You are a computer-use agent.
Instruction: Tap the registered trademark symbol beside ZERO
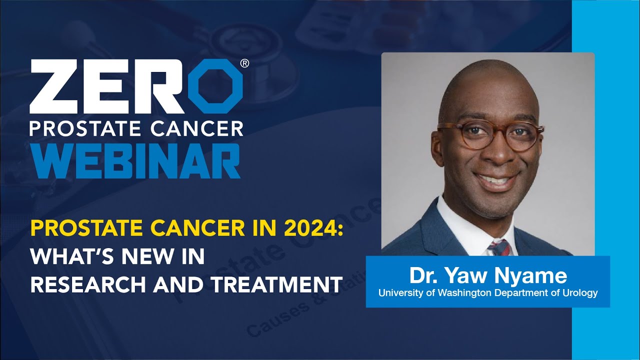244,63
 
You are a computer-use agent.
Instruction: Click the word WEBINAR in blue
135,161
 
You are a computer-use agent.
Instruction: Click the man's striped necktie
498,247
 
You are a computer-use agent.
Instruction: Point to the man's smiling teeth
492,178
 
